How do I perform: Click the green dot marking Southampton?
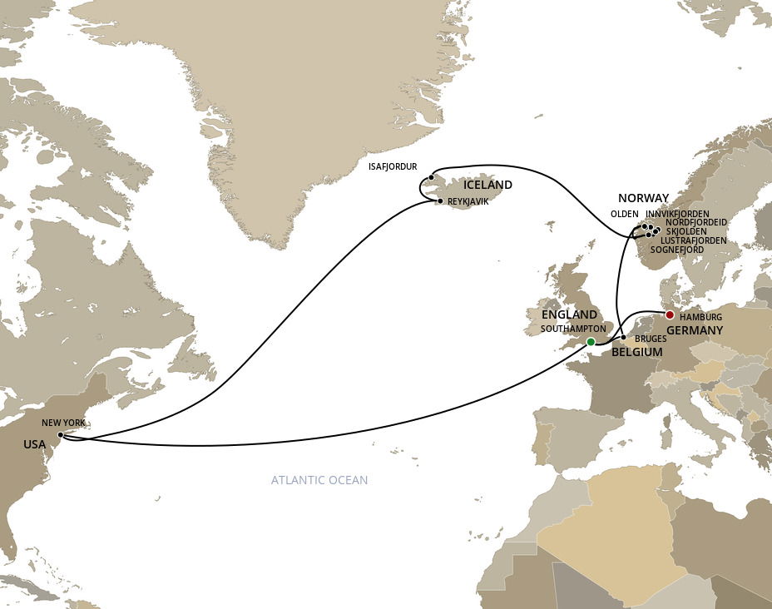click(591, 342)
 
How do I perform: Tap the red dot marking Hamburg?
click(669, 314)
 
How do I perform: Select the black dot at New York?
click(61, 434)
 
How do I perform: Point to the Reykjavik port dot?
click(440, 201)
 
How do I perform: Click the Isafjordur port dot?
click(431, 176)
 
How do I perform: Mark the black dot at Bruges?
click(623, 337)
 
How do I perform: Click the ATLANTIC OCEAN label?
click(319, 480)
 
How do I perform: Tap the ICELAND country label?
click(488, 185)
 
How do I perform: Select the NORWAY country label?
click(643, 198)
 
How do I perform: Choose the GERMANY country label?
click(695, 330)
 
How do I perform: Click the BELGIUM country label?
click(637, 352)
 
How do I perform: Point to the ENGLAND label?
click(569, 314)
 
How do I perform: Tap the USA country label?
click(35, 444)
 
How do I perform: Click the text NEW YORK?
click(64, 423)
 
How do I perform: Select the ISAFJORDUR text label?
click(393, 166)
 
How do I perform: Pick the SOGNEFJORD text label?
click(677, 250)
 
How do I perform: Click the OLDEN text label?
click(625, 214)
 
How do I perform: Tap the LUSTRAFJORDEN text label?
click(693, 240)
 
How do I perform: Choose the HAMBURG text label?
click(700, 318)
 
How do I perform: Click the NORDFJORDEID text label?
click(696, 222)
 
